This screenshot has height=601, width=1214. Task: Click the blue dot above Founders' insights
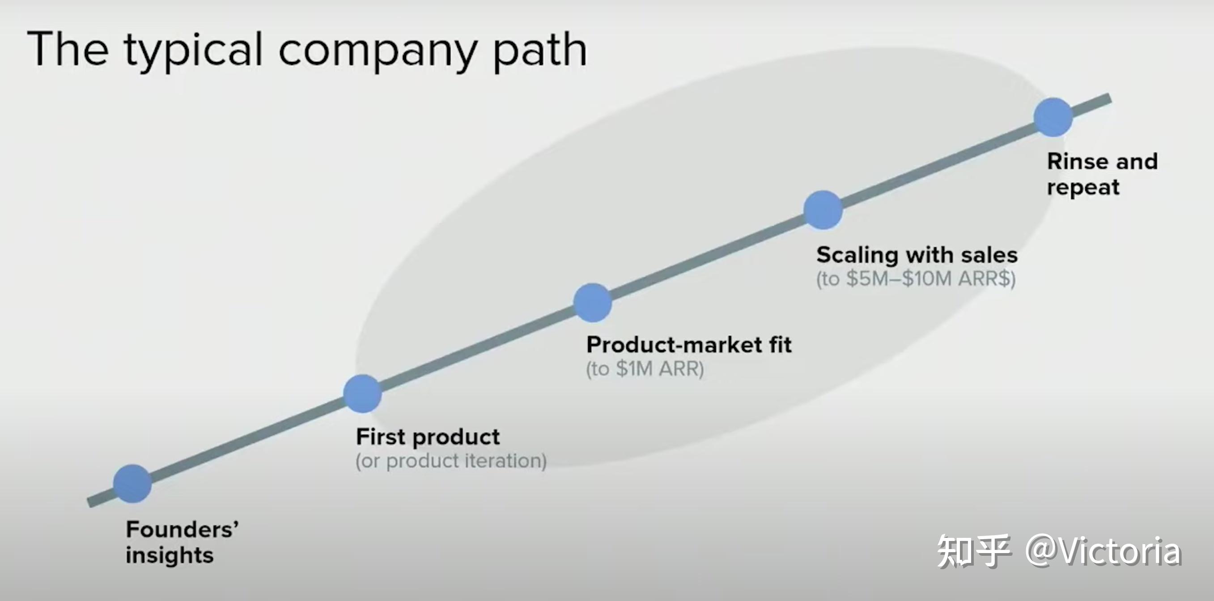[132, 484]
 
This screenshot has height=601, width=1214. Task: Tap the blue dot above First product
[362, 394]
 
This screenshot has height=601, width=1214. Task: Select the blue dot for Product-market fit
[592, 303]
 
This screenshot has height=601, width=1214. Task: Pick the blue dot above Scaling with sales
[823, 210]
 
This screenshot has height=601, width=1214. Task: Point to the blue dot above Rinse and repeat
[1053, 117]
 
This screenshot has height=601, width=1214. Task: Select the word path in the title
[540, 49]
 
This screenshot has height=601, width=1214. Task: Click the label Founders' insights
[182, 542]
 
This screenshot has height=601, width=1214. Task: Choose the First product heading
[428, 437]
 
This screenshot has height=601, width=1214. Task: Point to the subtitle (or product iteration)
[451, 461]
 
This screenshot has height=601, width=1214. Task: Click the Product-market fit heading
[688, 345]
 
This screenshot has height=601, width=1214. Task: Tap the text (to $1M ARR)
[645, 369]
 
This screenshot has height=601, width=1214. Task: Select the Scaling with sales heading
[917, 255]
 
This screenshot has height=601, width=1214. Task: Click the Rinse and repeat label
[1102, 174]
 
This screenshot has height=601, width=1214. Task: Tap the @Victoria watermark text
[1103, 550]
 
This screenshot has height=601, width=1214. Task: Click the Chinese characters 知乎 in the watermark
[973, 550]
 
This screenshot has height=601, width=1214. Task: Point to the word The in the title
[68, 49]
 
